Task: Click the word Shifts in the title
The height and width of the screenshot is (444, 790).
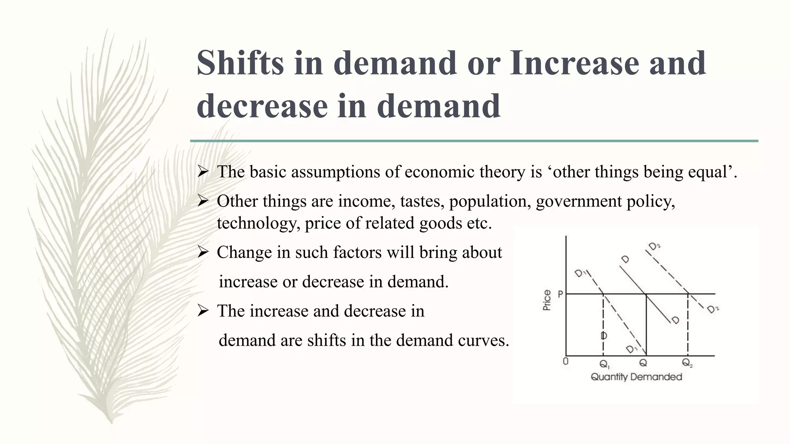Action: [240, 63]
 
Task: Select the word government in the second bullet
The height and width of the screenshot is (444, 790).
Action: [578, 201]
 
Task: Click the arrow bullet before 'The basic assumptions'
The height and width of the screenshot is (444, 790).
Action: [203, 172]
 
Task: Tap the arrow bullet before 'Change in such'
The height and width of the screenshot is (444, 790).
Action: [203, 252]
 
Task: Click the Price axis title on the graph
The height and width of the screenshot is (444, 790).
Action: [547, 300]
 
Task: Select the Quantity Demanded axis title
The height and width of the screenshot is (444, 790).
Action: [636, 377]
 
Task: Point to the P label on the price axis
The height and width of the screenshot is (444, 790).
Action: [560, 294]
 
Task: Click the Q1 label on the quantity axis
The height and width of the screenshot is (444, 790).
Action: [604, 364]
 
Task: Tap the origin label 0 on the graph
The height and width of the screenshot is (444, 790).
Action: [565, 362]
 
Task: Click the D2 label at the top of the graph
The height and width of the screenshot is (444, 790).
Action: [654, 246]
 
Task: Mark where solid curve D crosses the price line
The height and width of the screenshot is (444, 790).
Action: [646, 294]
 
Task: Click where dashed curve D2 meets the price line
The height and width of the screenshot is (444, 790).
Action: [688, 294]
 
